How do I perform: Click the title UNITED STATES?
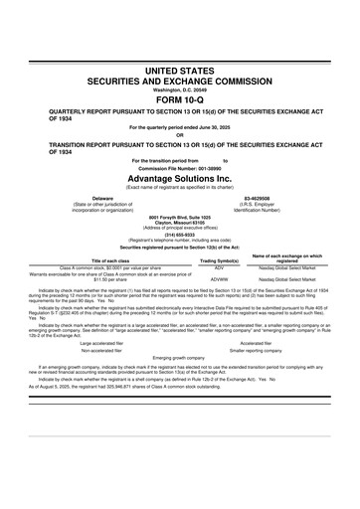pos(180,73)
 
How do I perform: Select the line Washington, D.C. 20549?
pos(180,89)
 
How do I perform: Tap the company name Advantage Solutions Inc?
pos(180,176)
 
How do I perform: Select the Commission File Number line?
pos(180,166)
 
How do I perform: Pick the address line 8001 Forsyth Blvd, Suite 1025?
pos(180,216)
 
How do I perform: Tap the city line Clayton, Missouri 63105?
pos(180,222)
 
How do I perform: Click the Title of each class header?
pos(102,261)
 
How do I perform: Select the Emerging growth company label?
pos(180,358)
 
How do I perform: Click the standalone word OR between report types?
pos(180,136)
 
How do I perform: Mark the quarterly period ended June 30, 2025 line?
pos(180,128)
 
